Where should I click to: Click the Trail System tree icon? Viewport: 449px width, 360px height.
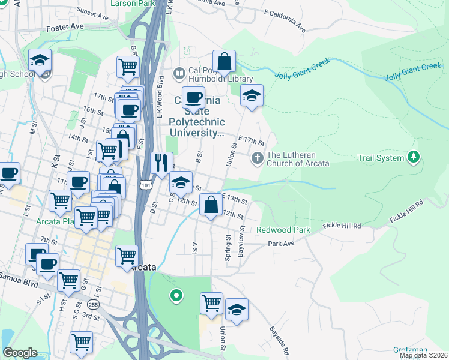click(413, 158)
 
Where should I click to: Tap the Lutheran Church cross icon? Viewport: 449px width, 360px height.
click(257, 158)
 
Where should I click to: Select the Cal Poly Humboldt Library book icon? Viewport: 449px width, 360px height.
click(178, 74)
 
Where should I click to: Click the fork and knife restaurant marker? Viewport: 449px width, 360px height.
click(161, 163)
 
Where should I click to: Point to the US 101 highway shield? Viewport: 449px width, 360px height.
click(145, 186)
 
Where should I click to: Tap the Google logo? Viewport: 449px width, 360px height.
click(19, 353)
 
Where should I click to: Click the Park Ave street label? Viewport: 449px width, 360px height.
click(281, 244)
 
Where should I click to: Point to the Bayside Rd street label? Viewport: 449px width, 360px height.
click(279, 340)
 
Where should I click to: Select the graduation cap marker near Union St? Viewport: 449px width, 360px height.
click(252, 95)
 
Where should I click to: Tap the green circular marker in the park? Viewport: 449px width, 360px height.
click(176, 295)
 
